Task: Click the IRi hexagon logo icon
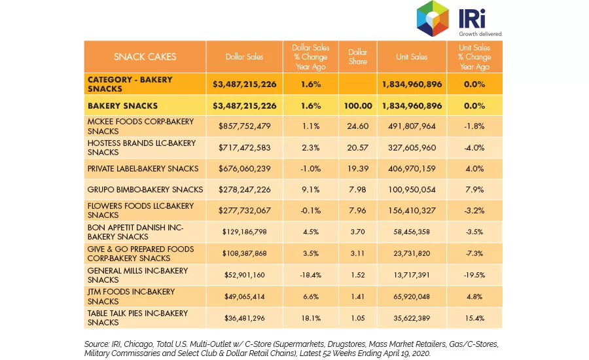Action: (x=433, y=19)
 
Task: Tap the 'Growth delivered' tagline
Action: (x=480, y=34)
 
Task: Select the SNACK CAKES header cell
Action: (x=145, y=57)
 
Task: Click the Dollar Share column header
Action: (x=357, y=57)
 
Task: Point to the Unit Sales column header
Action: (x=412, y=57)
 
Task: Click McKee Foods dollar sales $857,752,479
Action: (x=245, y=126)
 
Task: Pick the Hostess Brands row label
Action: (x=141, y=148)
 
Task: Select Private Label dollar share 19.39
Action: (x=357, y=169)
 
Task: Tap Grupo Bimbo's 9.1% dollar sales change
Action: (x=311, y=190)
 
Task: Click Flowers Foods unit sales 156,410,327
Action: (x=412, y=211)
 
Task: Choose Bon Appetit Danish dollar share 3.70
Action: (x=357, y=232)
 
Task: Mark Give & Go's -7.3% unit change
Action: (x=474, y=254)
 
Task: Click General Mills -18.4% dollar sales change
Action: (x=311, y=275)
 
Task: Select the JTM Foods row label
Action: (x=131, y=297)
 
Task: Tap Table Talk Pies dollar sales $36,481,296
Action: (x=245, y=318)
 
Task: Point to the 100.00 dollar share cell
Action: (x=358, y=106)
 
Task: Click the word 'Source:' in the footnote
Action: (x=97, y=344)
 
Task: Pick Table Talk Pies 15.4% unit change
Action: (x=474, y=318)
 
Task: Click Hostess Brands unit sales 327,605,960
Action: (x=412, y=148)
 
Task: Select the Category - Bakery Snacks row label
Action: (x=130, y=84)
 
